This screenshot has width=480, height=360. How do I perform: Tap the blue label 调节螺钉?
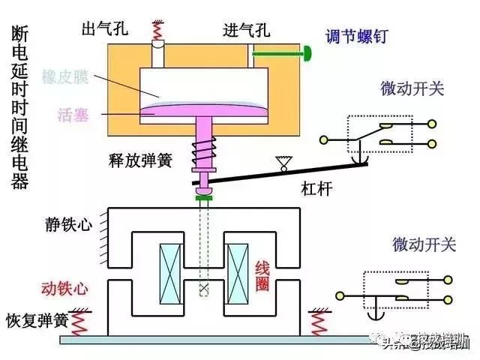point(356,36)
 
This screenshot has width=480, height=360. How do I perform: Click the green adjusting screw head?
point(307,53)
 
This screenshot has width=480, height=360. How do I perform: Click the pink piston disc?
point(202,111)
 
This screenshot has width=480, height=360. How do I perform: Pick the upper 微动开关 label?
point(412,88)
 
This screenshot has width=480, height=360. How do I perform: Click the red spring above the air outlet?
point(159,30)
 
